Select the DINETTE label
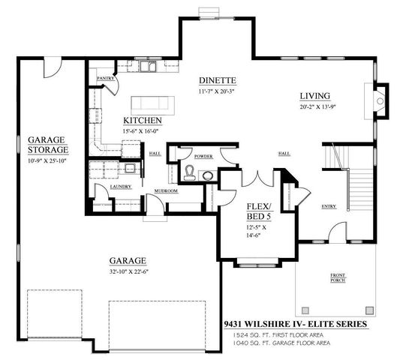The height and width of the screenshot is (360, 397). [218, 80]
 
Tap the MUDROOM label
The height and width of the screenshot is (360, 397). [165, 191]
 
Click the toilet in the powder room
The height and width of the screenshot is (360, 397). [191, 174]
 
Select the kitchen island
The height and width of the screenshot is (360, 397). [158, 103]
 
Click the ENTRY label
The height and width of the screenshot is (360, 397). [329, 206]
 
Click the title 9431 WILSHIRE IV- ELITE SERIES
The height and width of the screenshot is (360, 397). [295, 325]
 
